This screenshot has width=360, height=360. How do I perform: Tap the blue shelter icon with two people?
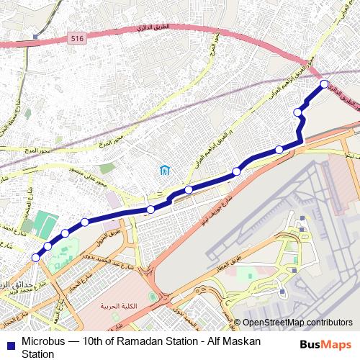[165, 171]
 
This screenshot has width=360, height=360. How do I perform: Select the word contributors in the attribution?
[330, 323]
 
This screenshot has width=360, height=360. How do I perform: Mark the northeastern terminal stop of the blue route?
[324, 84]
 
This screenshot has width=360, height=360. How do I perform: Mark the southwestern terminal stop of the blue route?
[35, 257]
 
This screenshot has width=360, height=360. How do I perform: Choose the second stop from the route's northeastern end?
[298, 112]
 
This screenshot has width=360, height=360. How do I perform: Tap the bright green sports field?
[45, 225]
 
